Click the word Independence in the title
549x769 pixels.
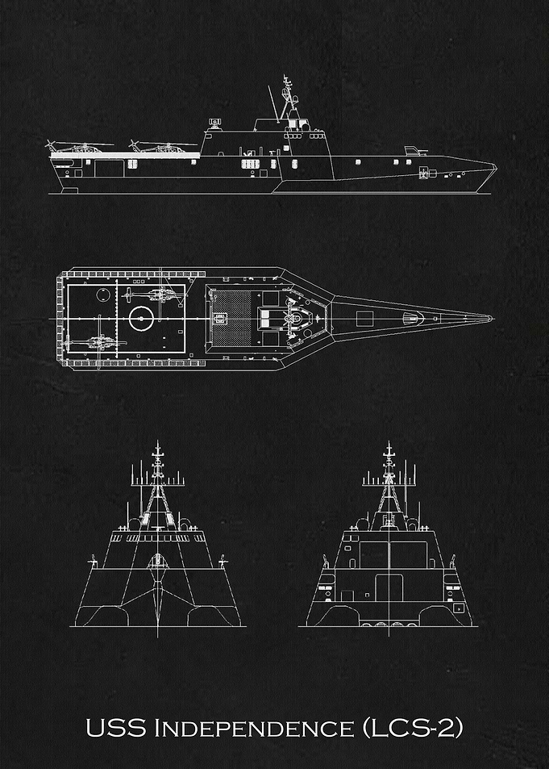254,729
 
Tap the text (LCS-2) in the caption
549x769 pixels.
413,729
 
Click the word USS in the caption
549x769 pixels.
116,729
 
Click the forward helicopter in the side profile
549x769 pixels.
162,146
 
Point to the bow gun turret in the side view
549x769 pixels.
415,151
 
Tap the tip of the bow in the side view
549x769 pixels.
497,167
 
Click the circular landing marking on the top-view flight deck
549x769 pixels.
141,318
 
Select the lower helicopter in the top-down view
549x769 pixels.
96,342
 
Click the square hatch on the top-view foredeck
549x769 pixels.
364,319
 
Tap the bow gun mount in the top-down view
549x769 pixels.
414,318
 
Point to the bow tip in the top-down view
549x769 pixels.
492,318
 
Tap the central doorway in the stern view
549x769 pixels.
389,587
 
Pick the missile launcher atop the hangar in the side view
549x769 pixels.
214,123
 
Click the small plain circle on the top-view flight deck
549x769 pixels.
103,295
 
